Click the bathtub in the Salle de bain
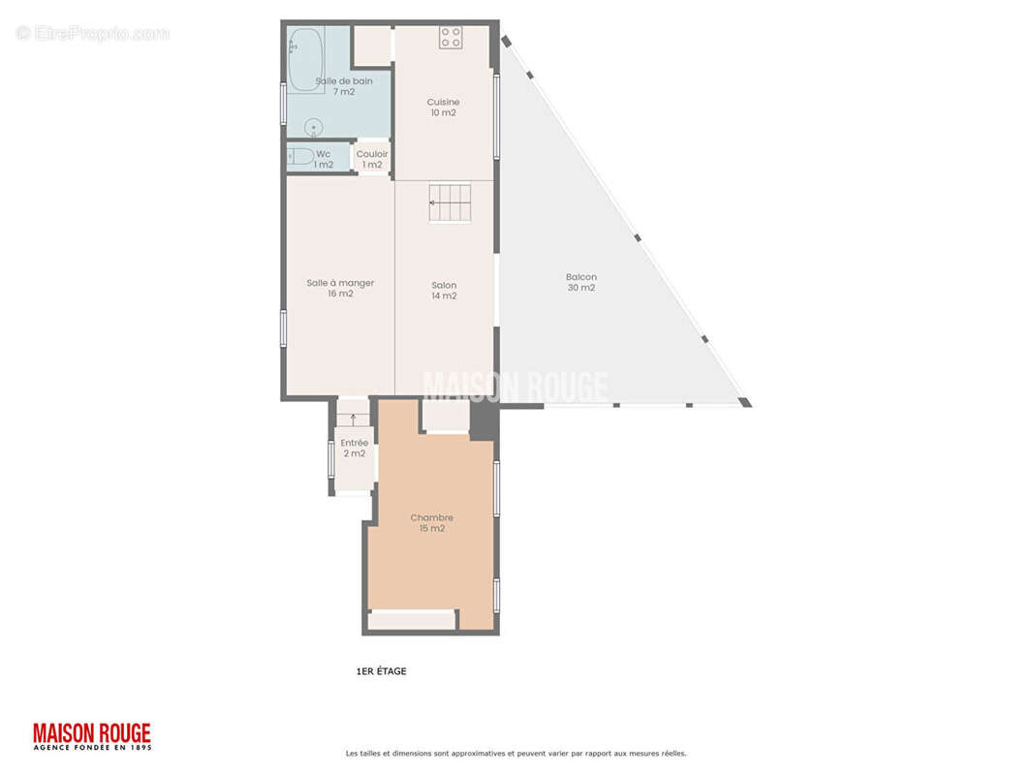305,60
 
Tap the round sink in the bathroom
313,127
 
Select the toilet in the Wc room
300,157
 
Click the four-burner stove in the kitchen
451,38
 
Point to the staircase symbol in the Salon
450,201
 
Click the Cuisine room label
443,102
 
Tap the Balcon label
580,277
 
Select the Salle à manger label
340,283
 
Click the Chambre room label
431,517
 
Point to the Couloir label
372,154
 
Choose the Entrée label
354,443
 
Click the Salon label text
444,285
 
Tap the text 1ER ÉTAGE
381,671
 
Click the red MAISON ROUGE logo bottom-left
92,734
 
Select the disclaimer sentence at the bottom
516,753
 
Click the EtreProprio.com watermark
93,34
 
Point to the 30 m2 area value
580,288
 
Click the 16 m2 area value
340,294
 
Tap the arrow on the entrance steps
353,419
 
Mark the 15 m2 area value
431,528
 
